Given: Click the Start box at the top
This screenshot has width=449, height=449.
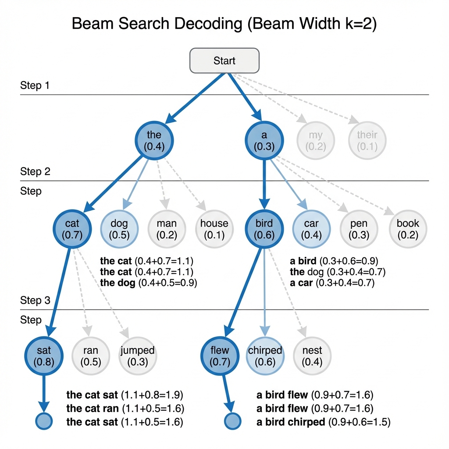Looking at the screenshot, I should point(224,61).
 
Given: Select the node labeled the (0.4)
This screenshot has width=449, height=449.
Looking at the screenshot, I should point(154,140).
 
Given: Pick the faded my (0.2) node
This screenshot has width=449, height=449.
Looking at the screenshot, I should point(316,140).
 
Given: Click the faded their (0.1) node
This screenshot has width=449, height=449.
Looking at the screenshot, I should point(367,140).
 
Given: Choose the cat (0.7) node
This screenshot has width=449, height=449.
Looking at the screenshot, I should point(72,229).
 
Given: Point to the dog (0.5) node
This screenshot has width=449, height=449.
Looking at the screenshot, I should point(119,229).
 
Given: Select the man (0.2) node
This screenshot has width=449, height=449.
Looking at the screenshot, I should point(167,229).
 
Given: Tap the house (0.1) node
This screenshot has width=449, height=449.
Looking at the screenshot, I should point(214,229).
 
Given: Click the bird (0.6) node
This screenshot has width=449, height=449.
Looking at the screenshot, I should point(264,229).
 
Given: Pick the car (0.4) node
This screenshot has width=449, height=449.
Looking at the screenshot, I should point(311,229).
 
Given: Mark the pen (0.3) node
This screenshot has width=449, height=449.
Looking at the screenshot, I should point(359,229).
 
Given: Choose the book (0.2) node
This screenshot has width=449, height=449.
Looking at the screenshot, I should point(408,229).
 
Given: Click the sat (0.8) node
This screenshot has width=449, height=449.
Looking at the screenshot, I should point(44,356).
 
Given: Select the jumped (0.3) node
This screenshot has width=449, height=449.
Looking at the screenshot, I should point(137,356).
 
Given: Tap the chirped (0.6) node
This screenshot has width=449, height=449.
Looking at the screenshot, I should point(265,356).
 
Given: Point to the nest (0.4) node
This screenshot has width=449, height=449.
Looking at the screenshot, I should point(312,356).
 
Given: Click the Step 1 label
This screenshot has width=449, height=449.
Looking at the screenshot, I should point(35,85).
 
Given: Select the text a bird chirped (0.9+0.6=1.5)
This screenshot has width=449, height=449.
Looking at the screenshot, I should point(323,422).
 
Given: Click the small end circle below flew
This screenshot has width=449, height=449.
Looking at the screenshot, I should point(233,421).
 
